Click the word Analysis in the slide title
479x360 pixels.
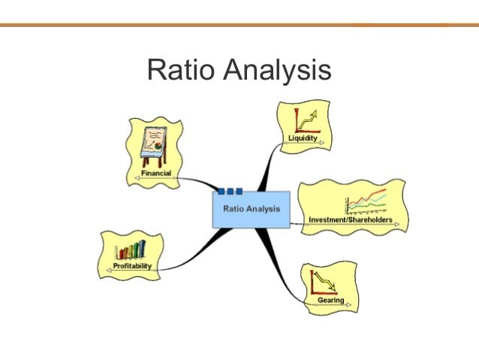point(277,71)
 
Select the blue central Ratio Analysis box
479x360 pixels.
point(251,210)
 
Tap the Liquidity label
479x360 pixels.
point(303,138)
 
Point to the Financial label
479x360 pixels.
point(156,173)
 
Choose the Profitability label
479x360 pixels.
point(132,266)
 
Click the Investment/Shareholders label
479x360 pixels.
point(351,219)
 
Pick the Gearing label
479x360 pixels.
point(331,300)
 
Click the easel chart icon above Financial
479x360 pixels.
point(154,147)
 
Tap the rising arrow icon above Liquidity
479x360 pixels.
point(307,121)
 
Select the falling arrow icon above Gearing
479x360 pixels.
point(324,283)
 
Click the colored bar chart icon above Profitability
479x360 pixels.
point(130,250)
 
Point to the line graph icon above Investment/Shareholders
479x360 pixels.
point(366,201)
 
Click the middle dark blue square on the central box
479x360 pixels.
point(230,192)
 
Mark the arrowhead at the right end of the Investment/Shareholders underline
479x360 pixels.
point(397,224)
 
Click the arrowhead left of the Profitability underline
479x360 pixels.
point(109,271)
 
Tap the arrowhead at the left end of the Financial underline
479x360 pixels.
point(137,178)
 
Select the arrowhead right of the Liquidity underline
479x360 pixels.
point(321,143)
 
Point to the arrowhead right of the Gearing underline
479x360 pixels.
point(348,304)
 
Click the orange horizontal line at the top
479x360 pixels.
point(239,25)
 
